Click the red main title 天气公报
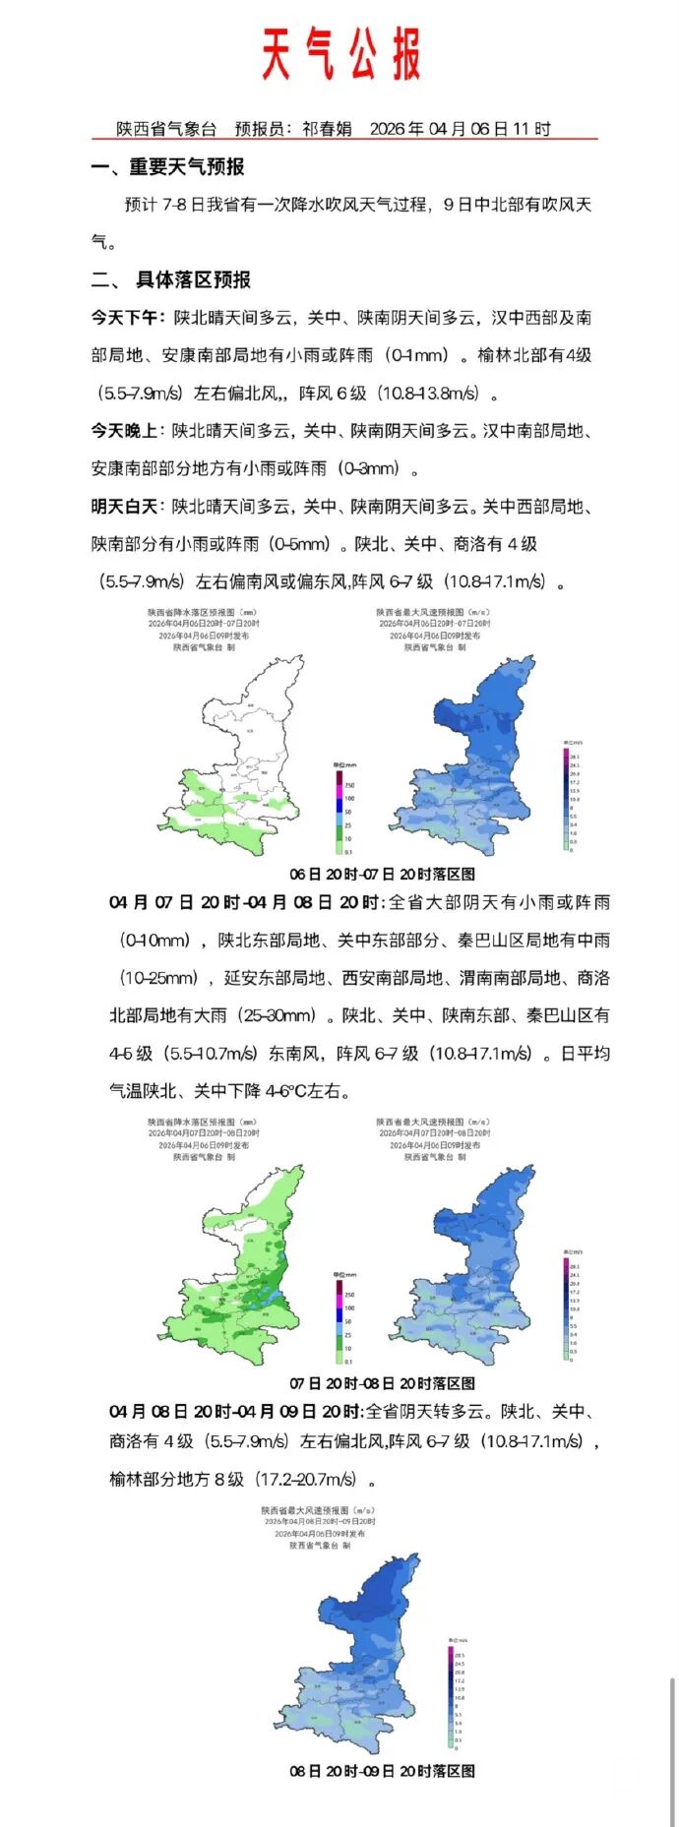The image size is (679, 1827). pos(341,55)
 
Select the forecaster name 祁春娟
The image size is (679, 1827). pos(327,129)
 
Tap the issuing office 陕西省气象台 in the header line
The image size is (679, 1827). pos(166,129)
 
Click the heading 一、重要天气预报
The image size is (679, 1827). pos(168,167)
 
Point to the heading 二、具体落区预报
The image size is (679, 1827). pos(171,280)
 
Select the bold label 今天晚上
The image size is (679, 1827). pos(124,431)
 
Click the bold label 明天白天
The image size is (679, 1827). pos(124,507)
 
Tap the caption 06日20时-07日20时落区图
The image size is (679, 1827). pos(382,874)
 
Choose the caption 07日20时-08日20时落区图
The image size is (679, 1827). pos(382,1383)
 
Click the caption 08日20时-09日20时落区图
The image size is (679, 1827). pos(382,1771)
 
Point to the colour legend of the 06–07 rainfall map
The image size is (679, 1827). pos(341,806)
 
